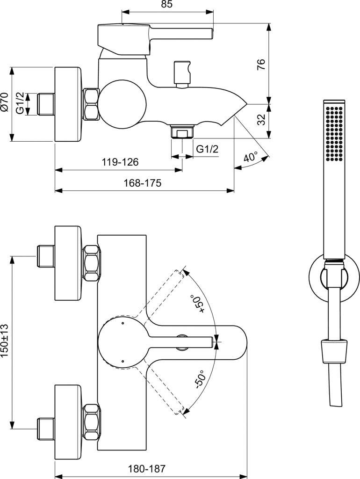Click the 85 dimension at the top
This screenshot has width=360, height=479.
[167, 5]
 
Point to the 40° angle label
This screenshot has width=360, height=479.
[251, 157]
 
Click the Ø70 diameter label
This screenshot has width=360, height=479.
[5, 101]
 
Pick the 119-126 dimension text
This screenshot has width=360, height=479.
[120, 162]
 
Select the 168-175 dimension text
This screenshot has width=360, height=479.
[143, 183]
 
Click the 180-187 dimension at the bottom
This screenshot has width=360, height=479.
[149, 469]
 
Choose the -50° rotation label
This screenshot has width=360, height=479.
[199, 380]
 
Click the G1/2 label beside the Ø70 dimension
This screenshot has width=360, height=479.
[20, 104]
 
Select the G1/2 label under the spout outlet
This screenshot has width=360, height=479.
[207, 149]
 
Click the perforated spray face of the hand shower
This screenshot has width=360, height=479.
[335, 134]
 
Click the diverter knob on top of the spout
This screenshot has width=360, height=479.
[181, 73]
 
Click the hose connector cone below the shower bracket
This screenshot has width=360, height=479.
[334, 351]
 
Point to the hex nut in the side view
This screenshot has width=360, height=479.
[91, 104]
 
